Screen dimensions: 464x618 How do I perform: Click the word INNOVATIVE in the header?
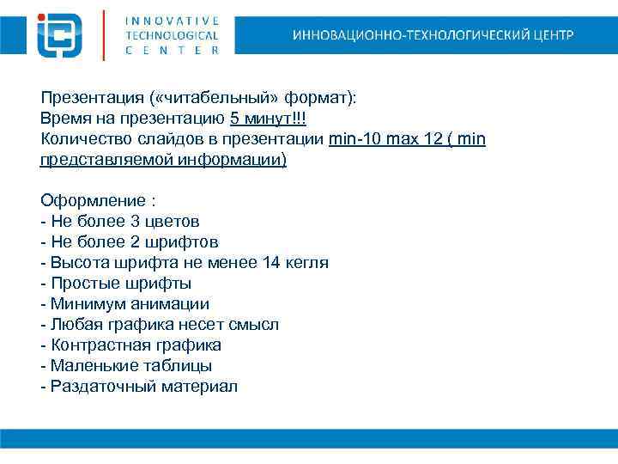tap(172, 20)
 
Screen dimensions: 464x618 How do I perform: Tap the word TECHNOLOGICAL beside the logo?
tap(172, 35)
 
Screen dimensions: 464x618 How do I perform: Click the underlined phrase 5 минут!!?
tap(267, 119)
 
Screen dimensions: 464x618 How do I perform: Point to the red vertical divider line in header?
tap(104, 34)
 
